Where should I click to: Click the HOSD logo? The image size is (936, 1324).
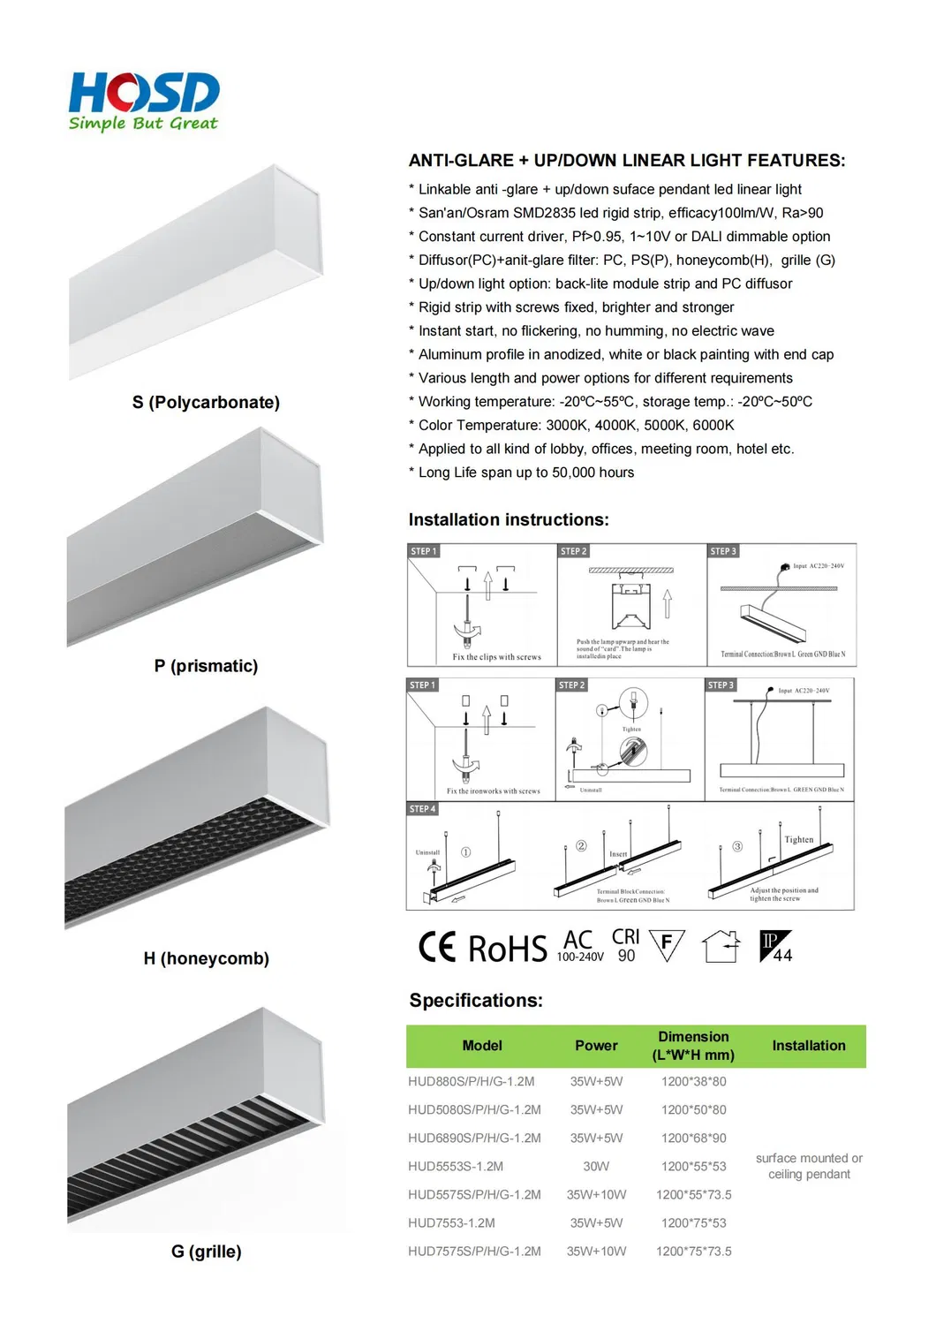(144, 101)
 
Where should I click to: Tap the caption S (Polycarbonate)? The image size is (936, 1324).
(206, 403)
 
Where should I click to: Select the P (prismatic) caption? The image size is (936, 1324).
(206, 666)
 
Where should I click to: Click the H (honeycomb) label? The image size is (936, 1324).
(206, 958)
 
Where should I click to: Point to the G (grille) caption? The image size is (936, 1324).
(206, 1252)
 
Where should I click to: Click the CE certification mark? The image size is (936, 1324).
(437, 947)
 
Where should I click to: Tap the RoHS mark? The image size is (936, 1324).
(507, 949)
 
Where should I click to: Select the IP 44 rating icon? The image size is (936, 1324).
(776, 947)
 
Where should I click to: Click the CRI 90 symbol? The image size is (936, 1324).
(625, 945)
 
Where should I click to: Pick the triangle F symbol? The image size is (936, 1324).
(667, 945)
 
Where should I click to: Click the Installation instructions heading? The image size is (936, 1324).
(509, 520)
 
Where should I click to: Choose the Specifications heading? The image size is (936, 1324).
(476, 1001)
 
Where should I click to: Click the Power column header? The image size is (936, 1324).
(596, 1046)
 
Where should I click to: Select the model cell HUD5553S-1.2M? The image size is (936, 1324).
(456, 1167)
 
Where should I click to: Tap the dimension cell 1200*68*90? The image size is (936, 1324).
(693, 1139)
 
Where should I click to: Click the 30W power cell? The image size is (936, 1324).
(596, 1167)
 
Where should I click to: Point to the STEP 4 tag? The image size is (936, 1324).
(422, 809)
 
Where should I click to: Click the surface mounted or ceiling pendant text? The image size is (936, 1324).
(809, 1166)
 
